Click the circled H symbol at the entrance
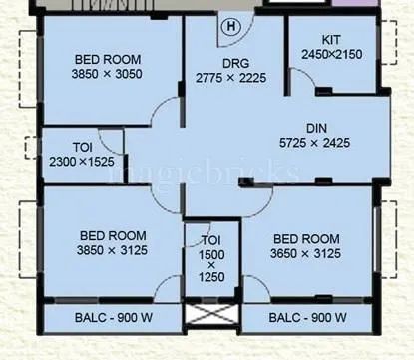(231, 25)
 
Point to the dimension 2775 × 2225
(231, 76)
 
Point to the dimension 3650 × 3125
(306, 254)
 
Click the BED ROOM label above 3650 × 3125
(306, 239)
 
